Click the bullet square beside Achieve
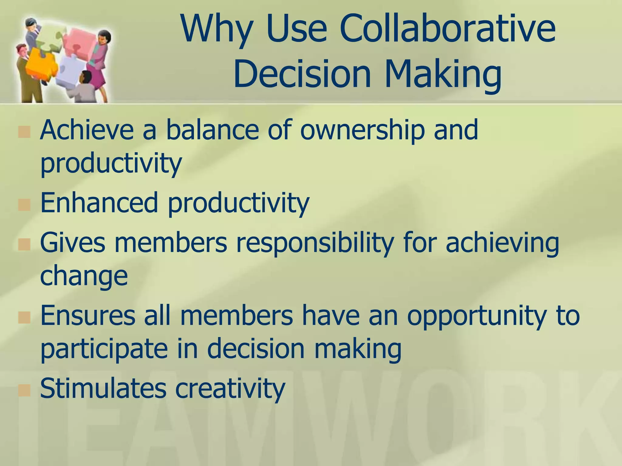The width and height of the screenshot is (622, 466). [x=24, y=132]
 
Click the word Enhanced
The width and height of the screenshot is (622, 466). [x=99, y=203]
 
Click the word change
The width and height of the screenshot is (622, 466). [x=84, y=276]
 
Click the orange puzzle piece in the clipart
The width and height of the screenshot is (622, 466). [x=39, y=64]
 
